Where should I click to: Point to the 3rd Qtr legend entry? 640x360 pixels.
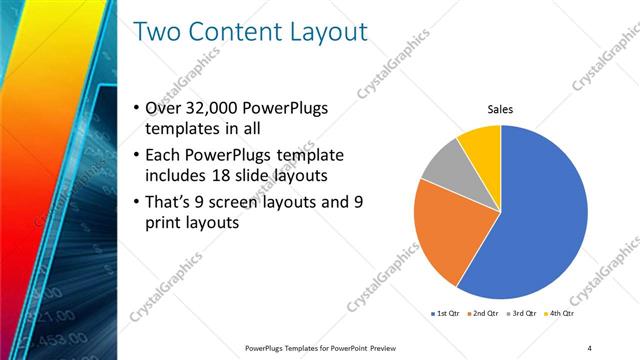(x=522, y=313)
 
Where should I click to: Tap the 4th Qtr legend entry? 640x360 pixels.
(x=560, y=313)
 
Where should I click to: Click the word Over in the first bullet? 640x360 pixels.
(x=165, y=108)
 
